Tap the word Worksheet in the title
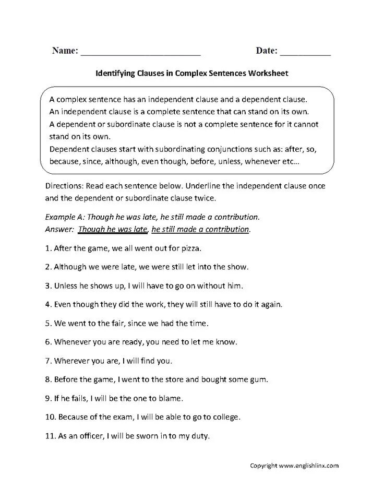click(x=268, y=74)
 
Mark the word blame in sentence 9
click(x=172, y=399)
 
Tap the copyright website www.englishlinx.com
click(x=309, y=466)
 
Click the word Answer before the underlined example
click(x=59, y=229)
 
